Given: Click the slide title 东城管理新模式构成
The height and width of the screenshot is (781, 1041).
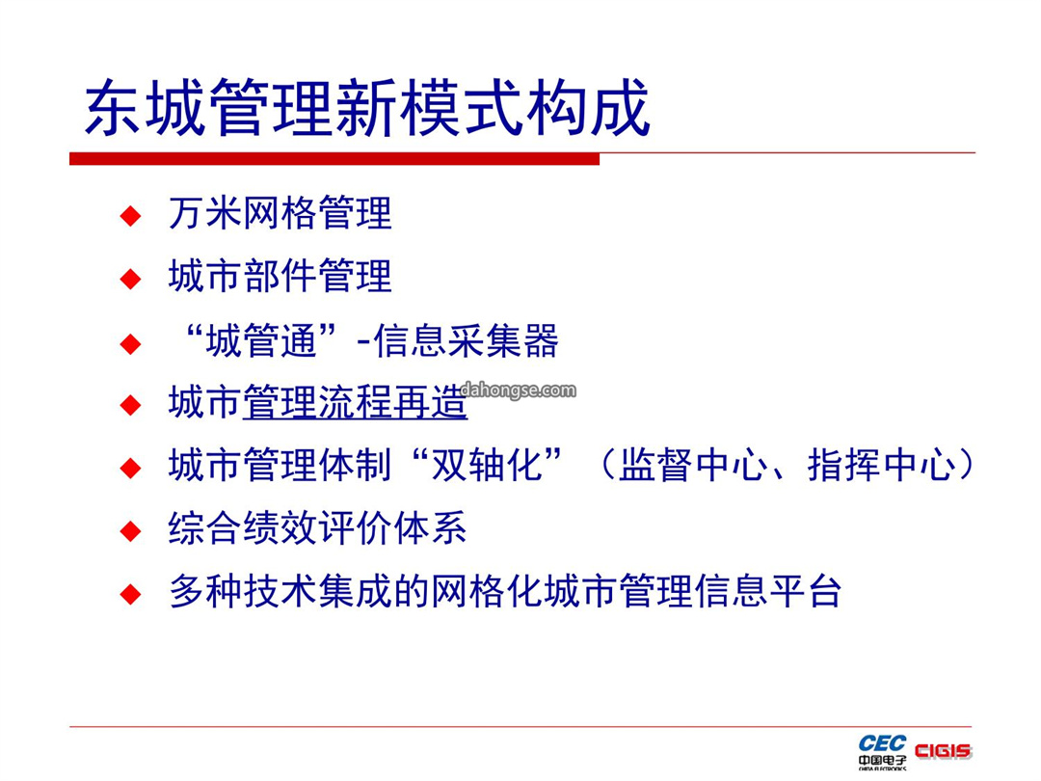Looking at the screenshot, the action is point(367,108).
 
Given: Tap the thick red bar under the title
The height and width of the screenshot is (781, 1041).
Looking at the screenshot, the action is point(334,159).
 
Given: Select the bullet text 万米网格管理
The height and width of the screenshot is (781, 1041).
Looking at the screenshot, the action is point(280,213).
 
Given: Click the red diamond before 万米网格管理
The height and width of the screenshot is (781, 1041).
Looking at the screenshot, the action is point(131,216).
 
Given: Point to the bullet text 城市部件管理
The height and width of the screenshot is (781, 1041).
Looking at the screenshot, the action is point(280,277).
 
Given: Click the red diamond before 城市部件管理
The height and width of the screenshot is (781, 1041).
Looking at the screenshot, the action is point(131,279).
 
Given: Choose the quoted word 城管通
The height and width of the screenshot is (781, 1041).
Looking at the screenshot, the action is point(261,340).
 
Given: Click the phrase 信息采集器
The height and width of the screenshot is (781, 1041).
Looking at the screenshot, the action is point(467,340).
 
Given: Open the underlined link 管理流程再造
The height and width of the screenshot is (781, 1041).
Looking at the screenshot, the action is point(355,402).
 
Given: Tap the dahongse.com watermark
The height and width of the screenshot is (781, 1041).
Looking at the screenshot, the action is point(518,390).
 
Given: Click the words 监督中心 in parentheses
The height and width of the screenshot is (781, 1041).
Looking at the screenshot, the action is point(693,464).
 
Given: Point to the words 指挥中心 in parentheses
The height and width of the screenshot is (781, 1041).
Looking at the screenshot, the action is point(882,464).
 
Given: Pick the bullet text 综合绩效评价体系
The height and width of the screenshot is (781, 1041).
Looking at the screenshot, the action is point(317,528).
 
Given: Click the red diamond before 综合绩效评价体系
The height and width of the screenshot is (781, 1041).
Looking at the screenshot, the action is point(131,530).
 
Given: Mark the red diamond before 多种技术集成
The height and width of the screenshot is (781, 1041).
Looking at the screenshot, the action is point(131,593).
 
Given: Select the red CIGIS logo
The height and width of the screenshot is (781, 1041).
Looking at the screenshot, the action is point(943,751).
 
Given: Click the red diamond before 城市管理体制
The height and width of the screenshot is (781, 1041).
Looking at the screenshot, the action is point(131,468).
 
